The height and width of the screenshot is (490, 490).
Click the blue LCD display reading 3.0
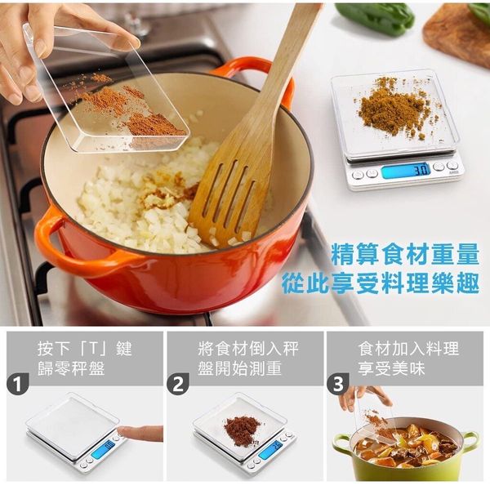click(406, 171)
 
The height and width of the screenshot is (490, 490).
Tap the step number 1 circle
click(17, 385)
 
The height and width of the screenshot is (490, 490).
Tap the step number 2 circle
click(178, 385)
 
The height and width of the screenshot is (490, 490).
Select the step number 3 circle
click(338, 385)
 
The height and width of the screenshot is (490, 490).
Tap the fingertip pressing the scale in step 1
click(122, 432)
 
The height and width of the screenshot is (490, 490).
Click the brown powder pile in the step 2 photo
click(243, 429)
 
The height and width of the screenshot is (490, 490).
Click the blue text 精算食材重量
click(405, 254)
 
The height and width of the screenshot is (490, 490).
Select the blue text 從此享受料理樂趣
click(381, 283)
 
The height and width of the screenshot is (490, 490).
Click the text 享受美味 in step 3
click(391, 368)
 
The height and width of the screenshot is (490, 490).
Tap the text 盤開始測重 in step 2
click(239, 368)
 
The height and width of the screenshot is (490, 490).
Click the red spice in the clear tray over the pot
click(131, 109)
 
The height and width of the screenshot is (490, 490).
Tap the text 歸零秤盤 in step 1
click(71, 368)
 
